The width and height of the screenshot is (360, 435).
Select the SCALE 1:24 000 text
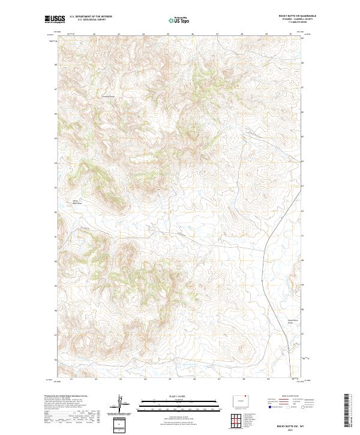(x=179, y=395)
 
